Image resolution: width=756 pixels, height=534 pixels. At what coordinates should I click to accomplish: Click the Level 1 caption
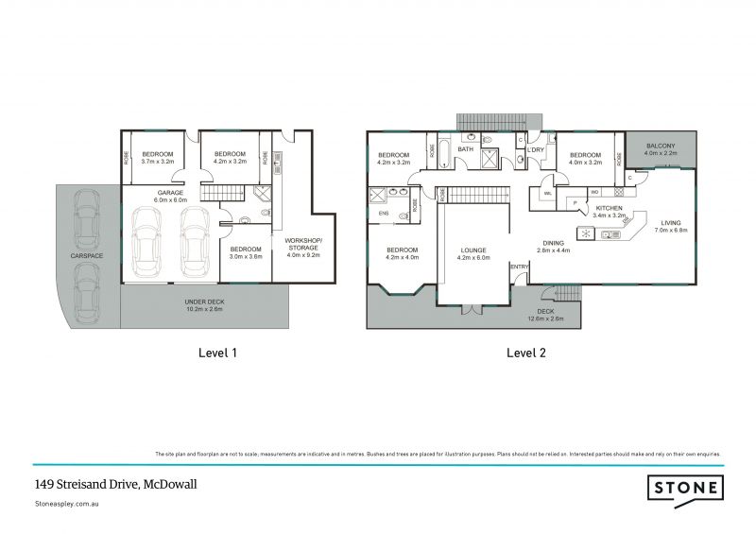tap(216, 353)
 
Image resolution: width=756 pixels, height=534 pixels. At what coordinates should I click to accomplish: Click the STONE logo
tap(686, 488)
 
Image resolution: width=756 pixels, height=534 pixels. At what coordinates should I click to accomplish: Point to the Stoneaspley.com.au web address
tap(67, 505)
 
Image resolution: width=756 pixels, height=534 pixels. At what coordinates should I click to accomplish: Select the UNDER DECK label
tap(204, 301)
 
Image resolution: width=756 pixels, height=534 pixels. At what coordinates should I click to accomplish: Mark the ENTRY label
tap(520, 267)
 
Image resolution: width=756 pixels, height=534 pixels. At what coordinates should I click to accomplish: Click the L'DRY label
tap(537, 150)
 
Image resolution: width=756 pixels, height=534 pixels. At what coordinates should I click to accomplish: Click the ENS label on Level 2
tap(382, 214)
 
